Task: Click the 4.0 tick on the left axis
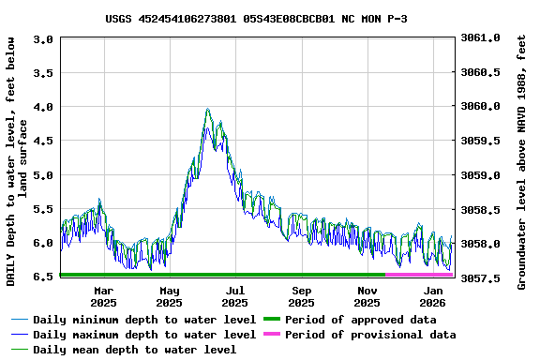point(43,107)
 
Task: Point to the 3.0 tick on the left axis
point(43,39)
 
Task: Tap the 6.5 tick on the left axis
point(43,277)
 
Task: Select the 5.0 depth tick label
point(43,175)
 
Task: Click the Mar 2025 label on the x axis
point(103,296)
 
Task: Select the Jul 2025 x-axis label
point(235,296)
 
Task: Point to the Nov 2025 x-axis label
point(367,296)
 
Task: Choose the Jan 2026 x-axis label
point(433,296)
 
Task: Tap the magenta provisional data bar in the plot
point(419,275)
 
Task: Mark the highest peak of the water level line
point(208,110)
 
